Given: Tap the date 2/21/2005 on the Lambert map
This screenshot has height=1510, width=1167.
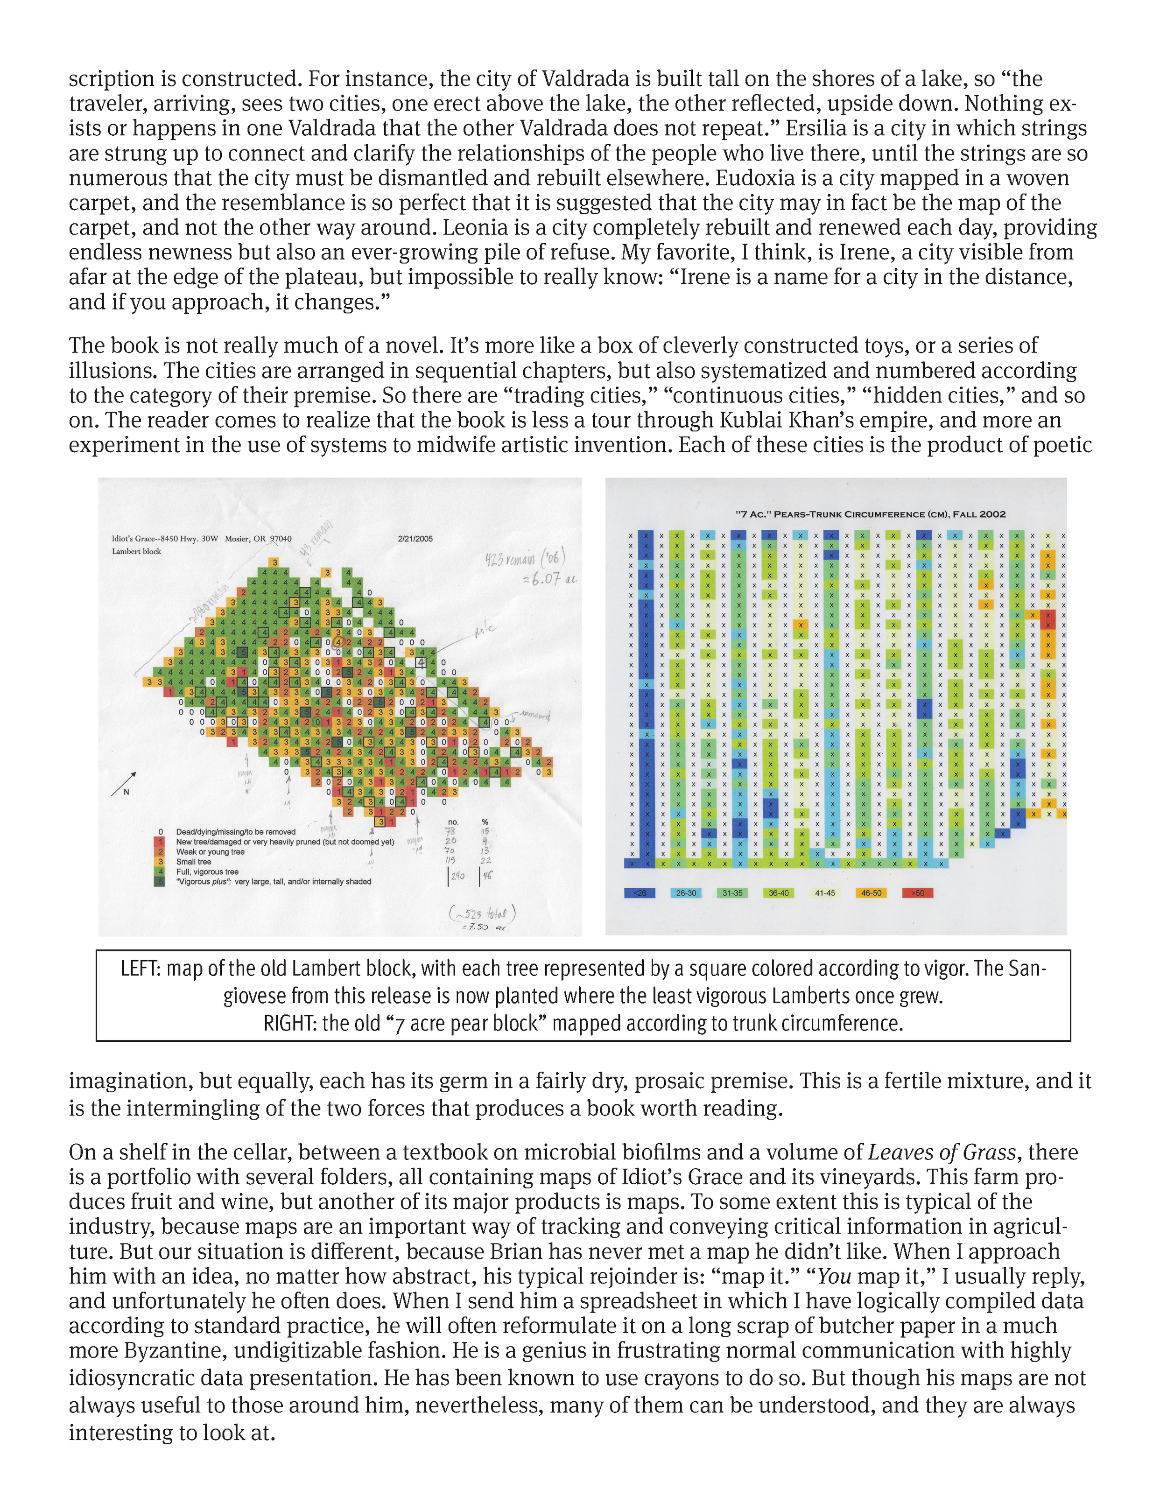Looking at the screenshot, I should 415,539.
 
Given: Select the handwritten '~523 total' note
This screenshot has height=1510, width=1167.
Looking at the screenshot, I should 483,913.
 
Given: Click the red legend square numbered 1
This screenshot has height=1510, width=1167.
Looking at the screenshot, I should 160,842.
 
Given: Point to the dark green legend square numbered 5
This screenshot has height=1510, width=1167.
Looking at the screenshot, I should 160,882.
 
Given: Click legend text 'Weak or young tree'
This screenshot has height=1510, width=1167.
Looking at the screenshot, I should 210,852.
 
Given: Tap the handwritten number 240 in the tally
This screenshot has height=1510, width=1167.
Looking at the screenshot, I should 457,875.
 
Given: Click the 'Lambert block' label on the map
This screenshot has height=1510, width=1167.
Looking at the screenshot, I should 136,551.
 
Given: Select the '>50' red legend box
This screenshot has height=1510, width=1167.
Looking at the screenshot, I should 917,892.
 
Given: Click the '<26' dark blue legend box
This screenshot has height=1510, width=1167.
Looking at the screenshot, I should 640,892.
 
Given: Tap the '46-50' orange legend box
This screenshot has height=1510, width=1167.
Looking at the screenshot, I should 871,892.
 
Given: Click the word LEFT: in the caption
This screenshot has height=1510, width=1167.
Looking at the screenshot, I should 141,968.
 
